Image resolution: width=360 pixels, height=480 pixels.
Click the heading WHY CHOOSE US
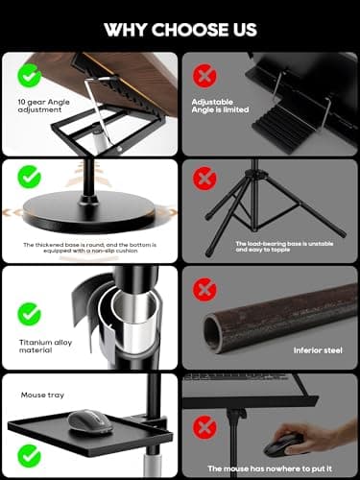click(x=180, y=28)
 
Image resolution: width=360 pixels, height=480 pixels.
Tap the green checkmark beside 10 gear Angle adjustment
click(x=31, y=73)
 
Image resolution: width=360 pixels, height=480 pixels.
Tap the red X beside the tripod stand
click(x=204, y=180)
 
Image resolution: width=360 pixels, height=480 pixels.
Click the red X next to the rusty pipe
click(x=204, y=288)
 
